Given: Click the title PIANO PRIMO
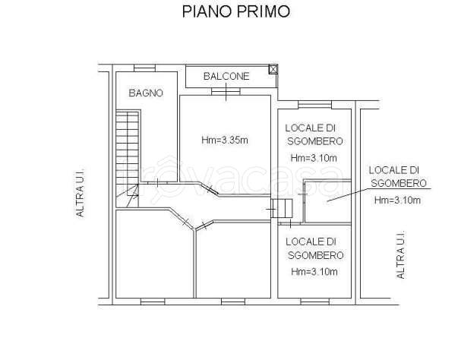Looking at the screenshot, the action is [236, 11].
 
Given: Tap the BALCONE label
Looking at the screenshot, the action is [226, 77].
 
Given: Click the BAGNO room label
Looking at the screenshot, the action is [146, 93].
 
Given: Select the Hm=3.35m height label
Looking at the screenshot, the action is [225, 141].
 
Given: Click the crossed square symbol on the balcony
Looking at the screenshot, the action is [273, 69].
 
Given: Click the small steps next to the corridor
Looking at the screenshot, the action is [282, 209].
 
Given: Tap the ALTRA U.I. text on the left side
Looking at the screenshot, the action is [80, 193].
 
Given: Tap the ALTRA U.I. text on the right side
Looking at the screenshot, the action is [400, 254].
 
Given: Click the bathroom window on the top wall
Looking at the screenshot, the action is [144, 68].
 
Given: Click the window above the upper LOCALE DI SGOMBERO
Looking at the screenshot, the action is [315, 105].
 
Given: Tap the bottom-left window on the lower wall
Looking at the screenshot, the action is [153, 302].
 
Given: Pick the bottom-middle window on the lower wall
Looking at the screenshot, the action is [233, 302].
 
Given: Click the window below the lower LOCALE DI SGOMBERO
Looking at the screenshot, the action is [315, 302].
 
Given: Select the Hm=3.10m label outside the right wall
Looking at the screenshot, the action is [397, 201].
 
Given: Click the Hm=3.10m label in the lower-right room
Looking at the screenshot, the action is [314, 272].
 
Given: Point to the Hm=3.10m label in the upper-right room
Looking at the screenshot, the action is [314, 158].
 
